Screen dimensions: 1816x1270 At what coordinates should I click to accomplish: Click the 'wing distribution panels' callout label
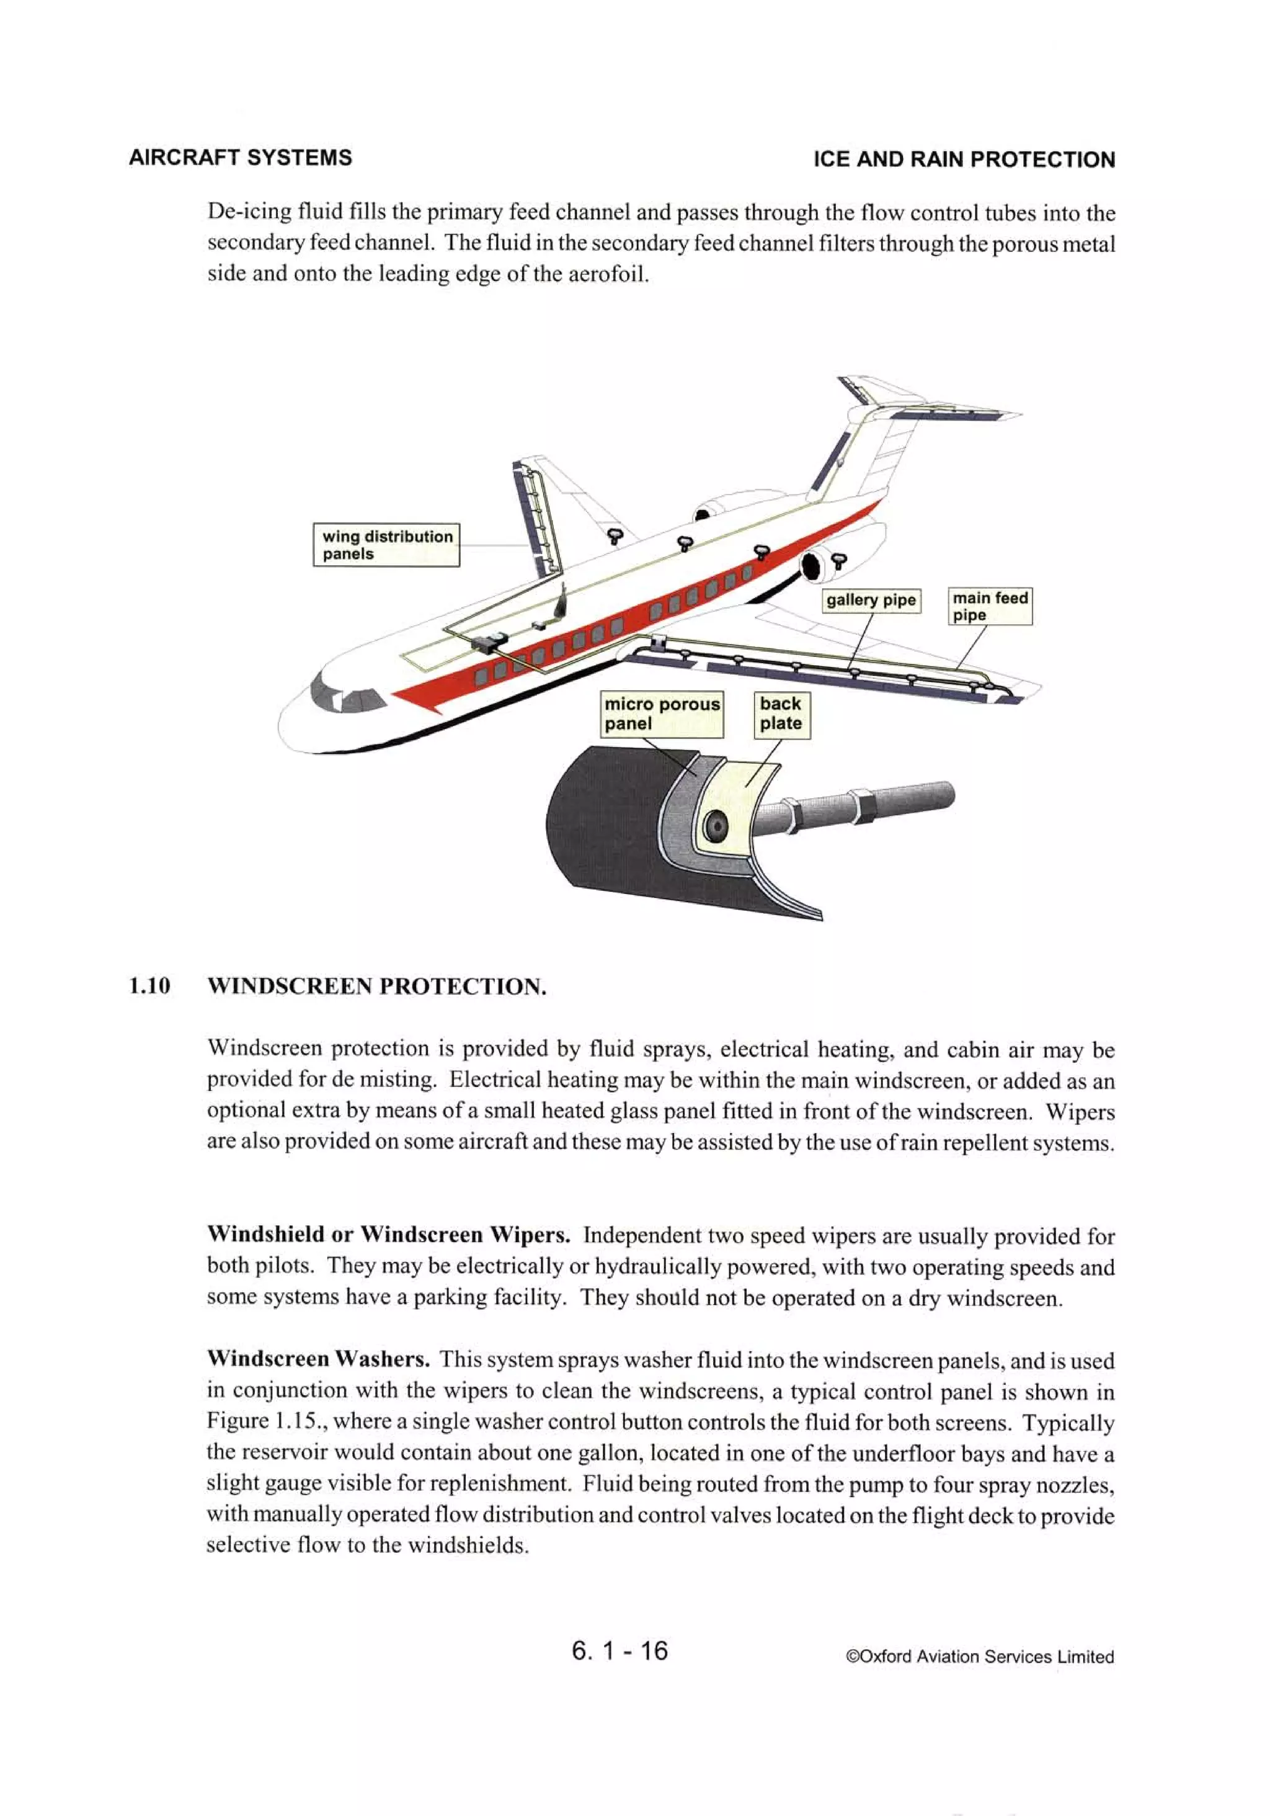point(386,544)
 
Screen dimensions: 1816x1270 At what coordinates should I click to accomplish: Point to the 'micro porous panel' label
point(662,713)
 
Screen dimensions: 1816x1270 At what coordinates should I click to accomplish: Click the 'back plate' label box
point(781,713)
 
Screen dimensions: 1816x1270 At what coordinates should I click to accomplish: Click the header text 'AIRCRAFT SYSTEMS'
point(241,158)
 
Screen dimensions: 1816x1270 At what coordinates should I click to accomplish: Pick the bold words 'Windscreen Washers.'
point(318,1359)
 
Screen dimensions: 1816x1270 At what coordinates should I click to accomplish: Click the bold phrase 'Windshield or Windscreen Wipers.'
point(388,1235)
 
